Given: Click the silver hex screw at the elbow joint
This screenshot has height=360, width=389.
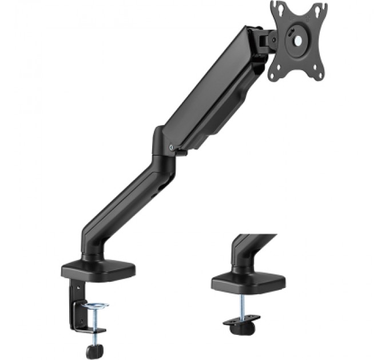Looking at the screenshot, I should click(172, 146).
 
